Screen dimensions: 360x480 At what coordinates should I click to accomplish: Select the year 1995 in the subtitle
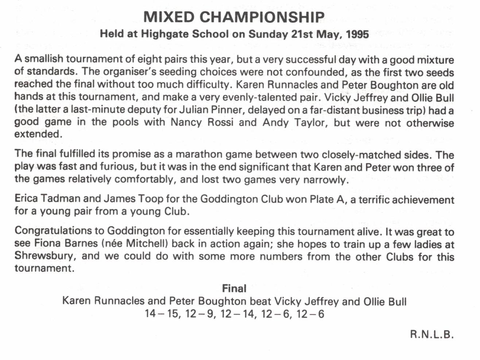click(x=357, y=34)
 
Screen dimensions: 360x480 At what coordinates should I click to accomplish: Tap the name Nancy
click(x=186, y=122)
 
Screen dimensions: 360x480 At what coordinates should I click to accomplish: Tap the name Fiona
click(x=48, y=243)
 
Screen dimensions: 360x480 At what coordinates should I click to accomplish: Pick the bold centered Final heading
click(x=234, y=289)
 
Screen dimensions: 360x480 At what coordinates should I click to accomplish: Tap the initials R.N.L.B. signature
click(x=432, y=334)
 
